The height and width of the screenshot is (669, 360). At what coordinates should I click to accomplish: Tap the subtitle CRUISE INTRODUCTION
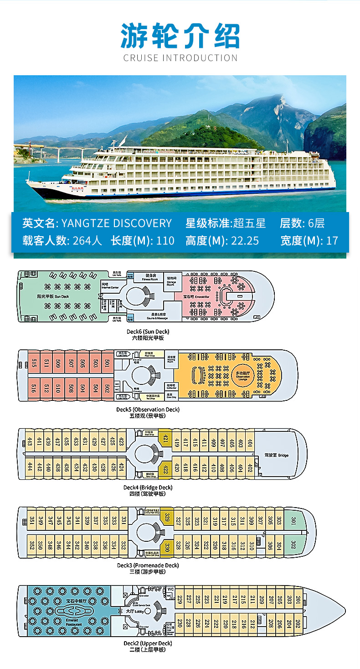click(180, 58)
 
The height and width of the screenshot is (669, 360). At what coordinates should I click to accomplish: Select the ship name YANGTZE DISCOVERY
click(116, 223)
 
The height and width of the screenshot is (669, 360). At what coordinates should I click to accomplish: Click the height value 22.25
click(244, 240)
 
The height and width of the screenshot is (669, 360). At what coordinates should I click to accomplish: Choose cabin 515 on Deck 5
click(34, 363)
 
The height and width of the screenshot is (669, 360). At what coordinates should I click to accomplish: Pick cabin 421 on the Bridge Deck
click(165, 441)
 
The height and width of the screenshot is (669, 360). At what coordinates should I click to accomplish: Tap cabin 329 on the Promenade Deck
click(167, 517)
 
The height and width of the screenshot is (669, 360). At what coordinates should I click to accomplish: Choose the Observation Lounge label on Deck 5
click(242, 375)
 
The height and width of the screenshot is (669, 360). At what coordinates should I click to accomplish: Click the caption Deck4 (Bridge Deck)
click(144, 487)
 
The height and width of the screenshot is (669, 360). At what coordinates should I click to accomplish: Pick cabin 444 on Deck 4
click(30, 467)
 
